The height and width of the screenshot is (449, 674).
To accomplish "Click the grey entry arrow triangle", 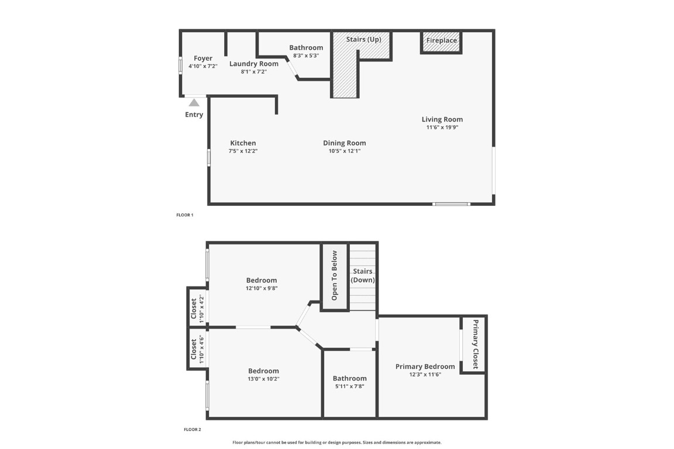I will [x=194, y=103].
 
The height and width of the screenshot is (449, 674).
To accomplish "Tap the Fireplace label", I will [x=441, y=41].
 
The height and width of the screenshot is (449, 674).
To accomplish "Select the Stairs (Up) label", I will [x=363, y=39].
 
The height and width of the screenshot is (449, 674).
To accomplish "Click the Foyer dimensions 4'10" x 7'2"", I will [x=203, y=67].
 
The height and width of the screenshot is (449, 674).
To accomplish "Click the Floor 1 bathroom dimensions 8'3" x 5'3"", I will [x=306, y=56].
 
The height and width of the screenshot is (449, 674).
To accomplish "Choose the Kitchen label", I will [x=243, y=143].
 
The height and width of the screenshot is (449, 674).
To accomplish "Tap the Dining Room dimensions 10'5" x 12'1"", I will [x=344, y=151].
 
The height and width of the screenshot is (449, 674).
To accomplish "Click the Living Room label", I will [x=442, y=119].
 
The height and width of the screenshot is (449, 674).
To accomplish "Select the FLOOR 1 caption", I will [x=184, y=215].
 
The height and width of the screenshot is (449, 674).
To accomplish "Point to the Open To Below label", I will [x=335, y=275].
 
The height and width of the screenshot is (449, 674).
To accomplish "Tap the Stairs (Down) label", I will [x=363, y=276].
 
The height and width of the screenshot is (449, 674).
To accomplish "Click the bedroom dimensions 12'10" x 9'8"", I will [x=262, y=288].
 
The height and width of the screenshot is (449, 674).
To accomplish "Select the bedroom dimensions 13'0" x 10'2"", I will [x=263, y=379].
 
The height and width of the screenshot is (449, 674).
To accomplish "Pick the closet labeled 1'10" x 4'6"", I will [x=197, y=350].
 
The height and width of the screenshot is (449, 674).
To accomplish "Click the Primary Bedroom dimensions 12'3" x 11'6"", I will [x=425, y=375].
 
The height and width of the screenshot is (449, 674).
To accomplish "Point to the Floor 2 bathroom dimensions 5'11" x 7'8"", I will [x=349, y=386].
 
